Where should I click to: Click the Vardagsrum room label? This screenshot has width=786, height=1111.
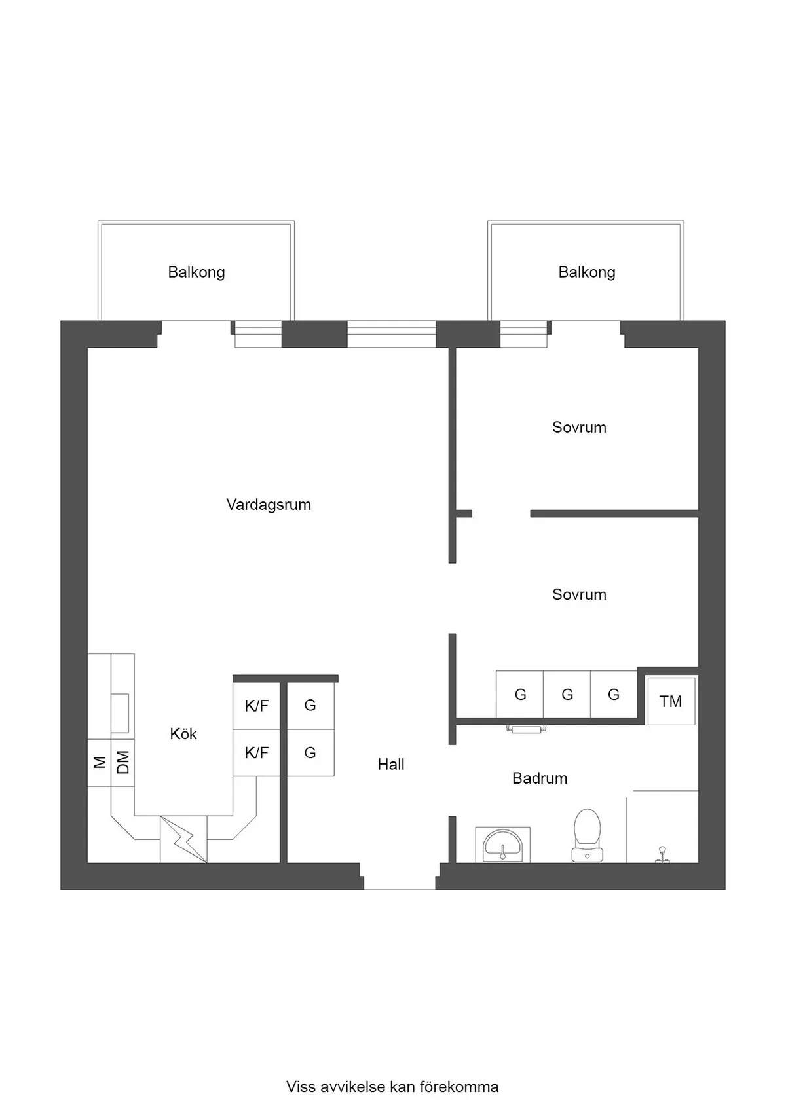click(x=269, y=505)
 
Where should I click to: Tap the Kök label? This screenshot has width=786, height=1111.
click(x=183, y=734)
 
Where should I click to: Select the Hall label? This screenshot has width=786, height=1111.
click(x=391, y=764)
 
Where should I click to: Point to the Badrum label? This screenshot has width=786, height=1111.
click(x=540, y=778)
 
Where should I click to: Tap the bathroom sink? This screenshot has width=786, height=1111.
click(x=502, y=844)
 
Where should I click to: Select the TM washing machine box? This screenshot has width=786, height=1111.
click(x=671, y=702)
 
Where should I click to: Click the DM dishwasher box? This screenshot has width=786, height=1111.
click(x=122, y=762)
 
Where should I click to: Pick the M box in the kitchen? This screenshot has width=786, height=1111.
click(x=100, y=762)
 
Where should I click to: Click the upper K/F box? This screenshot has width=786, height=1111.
click(x=257, y=706)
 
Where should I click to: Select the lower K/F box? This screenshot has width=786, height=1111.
click(x=257, y=753)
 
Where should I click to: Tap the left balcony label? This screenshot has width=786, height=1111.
click(x=196, y=272)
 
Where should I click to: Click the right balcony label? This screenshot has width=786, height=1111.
click(x=587, y=272)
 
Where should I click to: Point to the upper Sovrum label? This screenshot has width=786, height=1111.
click(x=579, y=428)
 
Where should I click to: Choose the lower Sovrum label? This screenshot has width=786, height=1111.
click(x=579, y=594)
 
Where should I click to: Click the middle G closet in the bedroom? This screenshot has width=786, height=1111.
click(x=567, y=695)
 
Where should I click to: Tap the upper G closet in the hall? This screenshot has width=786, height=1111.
click(x=310, y=706)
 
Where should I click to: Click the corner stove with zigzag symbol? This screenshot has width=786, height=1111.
click(x=184, y=839)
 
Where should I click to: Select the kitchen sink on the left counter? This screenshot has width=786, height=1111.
click(x=120, y=712)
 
